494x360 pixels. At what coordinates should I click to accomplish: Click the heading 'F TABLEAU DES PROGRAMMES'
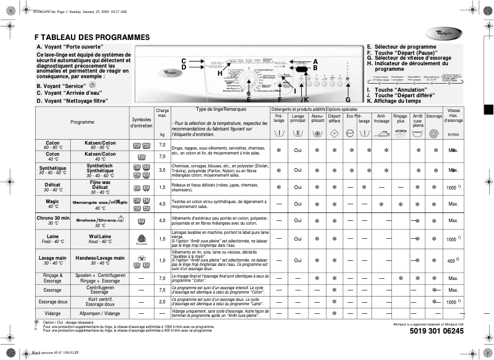point(92,37)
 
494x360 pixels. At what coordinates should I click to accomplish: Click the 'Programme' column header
point(82,122)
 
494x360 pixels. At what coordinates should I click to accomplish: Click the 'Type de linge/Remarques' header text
point(212,109)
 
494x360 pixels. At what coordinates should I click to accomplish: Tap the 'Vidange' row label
point(52,313)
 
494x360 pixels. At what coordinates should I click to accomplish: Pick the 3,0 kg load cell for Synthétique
point(162,170)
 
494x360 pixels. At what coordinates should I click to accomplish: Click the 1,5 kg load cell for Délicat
point(162,186)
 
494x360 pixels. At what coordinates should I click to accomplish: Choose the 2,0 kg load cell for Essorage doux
point(162,302)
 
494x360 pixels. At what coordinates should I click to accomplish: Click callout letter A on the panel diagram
point(315,62)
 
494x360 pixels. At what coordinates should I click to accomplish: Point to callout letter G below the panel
point(347,100)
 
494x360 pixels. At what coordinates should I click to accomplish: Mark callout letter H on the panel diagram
point(219,73)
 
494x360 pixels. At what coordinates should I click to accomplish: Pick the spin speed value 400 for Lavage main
point(451,262)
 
